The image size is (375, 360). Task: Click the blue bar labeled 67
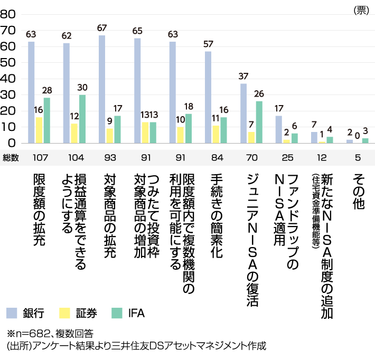[102, 89]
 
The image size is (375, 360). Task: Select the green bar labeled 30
[82, 119]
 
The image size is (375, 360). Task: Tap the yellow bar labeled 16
[39, 130]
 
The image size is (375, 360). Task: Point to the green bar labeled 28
[47, 120]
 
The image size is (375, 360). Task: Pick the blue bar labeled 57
[208, 97]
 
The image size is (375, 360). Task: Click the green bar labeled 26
[259, 122]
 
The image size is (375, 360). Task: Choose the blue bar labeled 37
[243, 113]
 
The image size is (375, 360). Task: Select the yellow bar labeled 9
[109, 136]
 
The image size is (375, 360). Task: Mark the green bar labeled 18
[189, 128]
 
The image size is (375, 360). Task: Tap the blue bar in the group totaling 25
[278, 129]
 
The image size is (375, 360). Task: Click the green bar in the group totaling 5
[365, 140]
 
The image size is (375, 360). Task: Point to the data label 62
[67, 36]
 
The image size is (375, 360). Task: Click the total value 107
[40, 157]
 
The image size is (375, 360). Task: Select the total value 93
[110, 157]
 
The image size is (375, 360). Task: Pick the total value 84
[217, 157]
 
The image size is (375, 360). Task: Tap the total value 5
[358, 157]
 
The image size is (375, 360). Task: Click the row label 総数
[11, 157]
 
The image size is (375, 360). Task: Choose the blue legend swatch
[12, 313]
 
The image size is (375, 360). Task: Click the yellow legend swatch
[64, 313]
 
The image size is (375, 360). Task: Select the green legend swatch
[117, 313]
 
